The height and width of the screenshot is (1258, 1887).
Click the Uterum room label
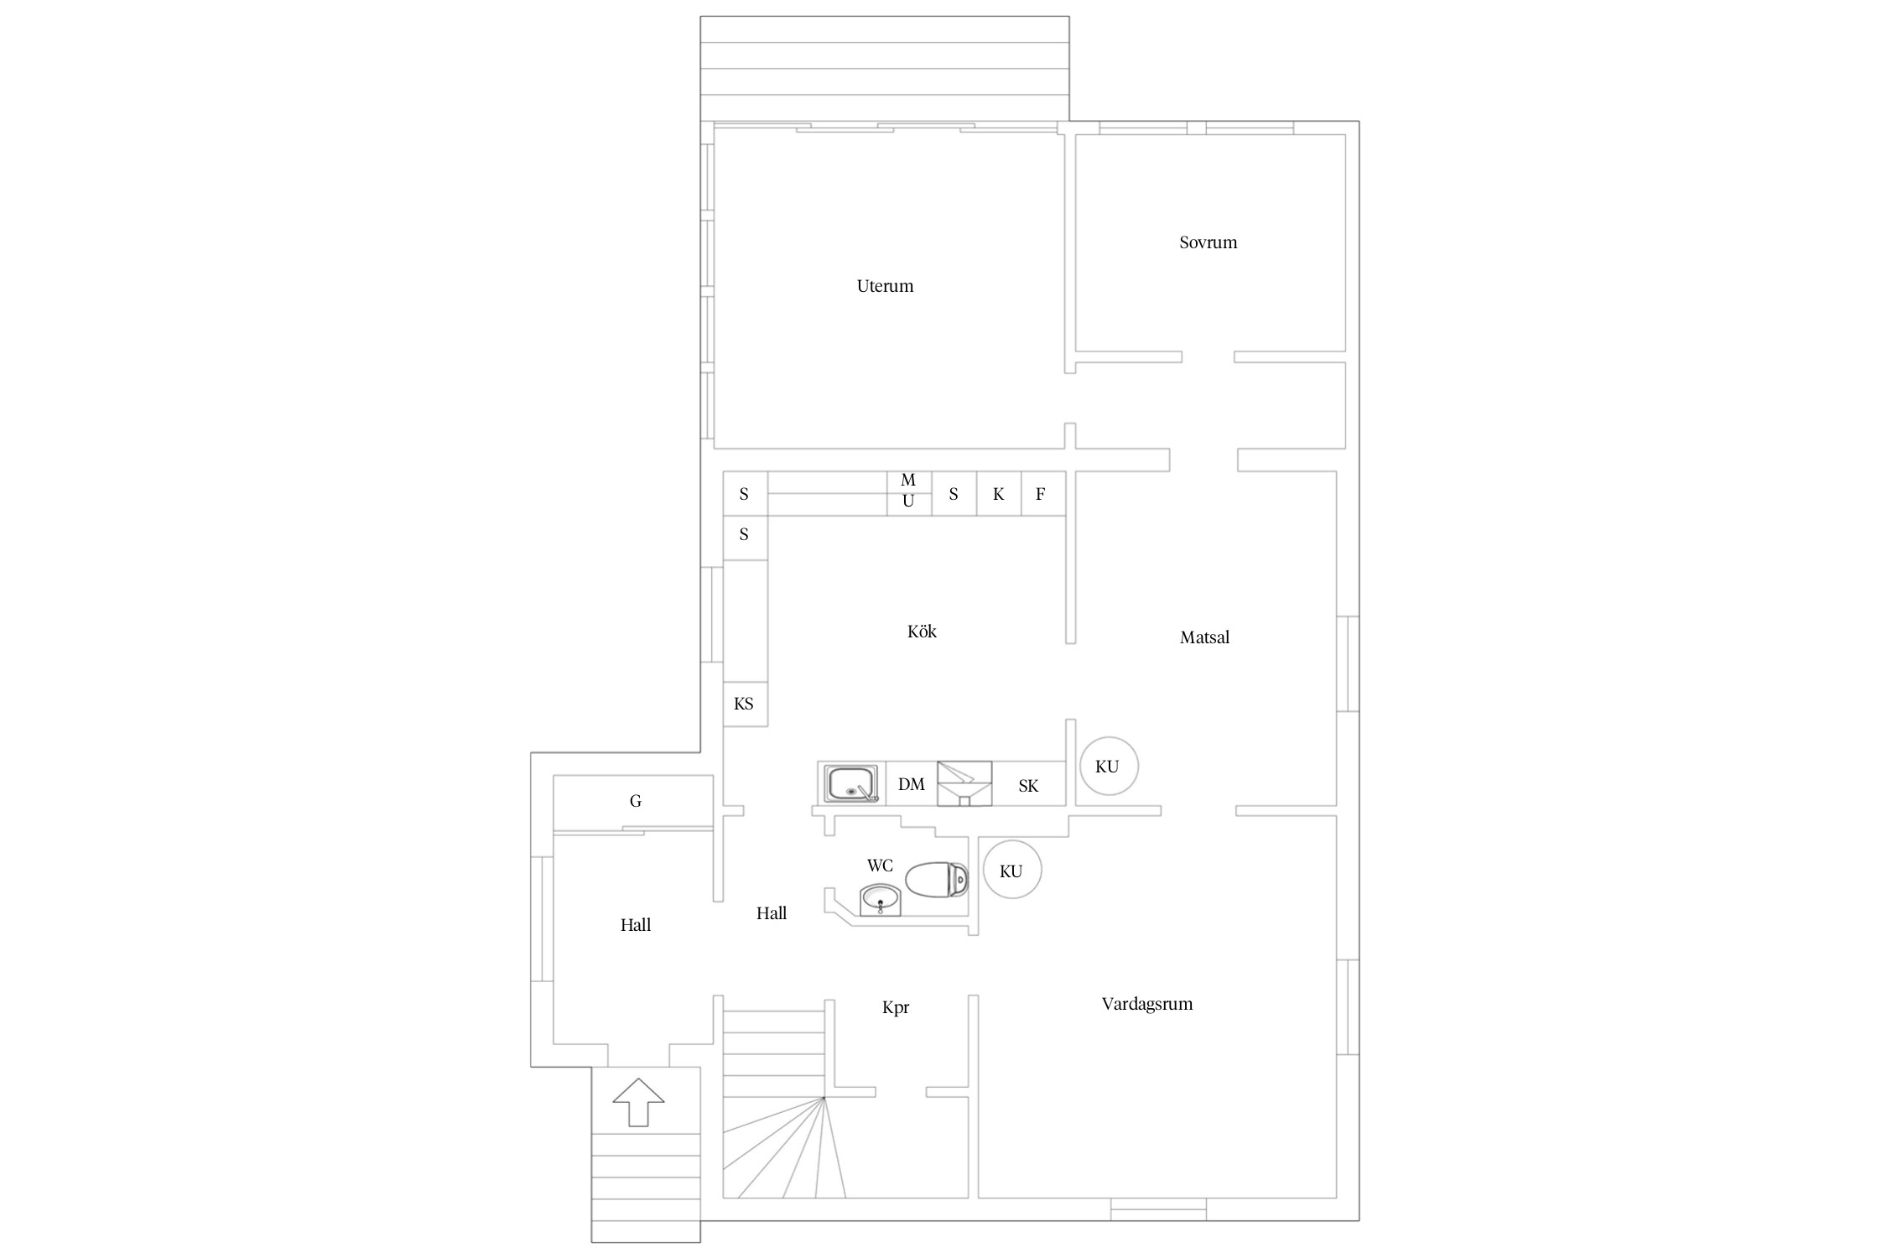(885, 286)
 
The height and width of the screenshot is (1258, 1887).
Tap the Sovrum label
(1208, 242)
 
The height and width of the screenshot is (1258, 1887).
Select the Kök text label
(922, 631)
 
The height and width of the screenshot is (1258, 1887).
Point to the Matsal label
(1204, 637)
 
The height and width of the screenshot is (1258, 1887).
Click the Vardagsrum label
(1146, 1004)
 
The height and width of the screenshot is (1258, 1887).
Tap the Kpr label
(896, 1007)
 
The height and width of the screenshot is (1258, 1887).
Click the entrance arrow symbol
(639, 1102)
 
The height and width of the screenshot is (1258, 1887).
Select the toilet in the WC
(937, 879)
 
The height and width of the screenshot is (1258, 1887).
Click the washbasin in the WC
(881, 900)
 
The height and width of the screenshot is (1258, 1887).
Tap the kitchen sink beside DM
(852, 784)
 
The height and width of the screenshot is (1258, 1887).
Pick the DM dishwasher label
(912, 784)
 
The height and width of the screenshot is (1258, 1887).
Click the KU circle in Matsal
(1108, 766)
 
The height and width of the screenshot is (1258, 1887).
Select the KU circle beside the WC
(1012, 871)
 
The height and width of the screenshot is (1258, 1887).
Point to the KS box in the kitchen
(745, 704)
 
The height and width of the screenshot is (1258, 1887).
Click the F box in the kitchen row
(1043, 494)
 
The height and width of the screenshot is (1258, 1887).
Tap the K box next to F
(999, 494)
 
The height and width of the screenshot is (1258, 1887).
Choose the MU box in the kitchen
(909, 493)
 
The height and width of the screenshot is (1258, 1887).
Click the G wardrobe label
(636, 802)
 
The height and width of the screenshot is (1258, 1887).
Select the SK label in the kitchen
(1028, 786)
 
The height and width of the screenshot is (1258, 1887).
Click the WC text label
(880, 866)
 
